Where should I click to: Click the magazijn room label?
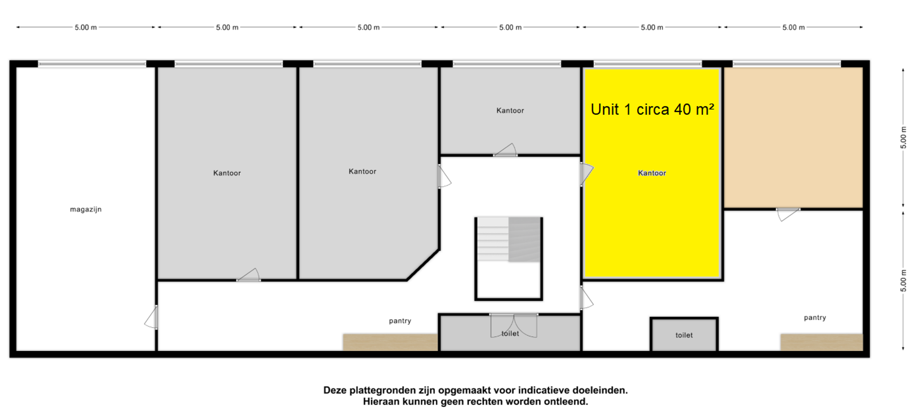(86, 209)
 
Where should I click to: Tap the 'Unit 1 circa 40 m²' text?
(652, 110)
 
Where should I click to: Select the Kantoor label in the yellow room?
(652, 173)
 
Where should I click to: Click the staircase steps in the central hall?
(509, 239)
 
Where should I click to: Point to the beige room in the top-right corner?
(793, 137)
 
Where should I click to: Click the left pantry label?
(400, 321)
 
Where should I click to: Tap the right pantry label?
(815, 318)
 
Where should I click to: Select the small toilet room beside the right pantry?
(684, 334)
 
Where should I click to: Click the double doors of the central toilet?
(514, 325)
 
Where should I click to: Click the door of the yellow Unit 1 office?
(586, 174)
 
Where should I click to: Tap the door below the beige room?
(787, 214)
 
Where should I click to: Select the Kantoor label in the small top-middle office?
(510, 111)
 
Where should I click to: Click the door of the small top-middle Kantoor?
(505, 150)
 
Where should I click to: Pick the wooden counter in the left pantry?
(390, 342)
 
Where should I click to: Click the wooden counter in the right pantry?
(822, 342)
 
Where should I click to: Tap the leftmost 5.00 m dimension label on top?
(86, 28)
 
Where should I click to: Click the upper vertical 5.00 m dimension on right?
(903, 137)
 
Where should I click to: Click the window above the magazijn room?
(92, 63)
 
